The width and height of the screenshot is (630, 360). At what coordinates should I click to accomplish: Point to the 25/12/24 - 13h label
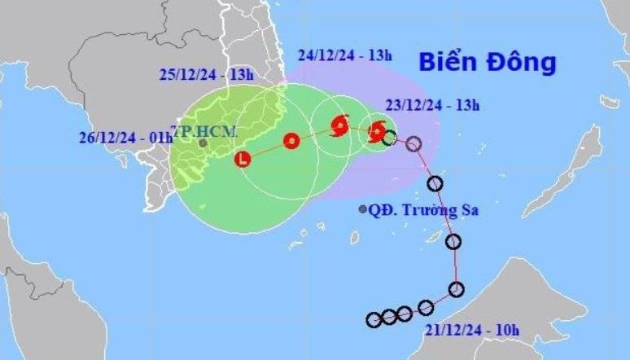coord(206,74)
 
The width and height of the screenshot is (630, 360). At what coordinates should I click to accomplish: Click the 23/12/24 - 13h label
coord(432,103)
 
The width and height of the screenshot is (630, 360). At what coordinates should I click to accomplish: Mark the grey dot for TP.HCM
coord(203,143)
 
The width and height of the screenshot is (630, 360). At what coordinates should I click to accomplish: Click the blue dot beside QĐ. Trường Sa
coord(363,209)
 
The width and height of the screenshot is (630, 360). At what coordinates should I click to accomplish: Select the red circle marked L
coord(242,159)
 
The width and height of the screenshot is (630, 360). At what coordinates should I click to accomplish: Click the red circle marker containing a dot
coord(291,141)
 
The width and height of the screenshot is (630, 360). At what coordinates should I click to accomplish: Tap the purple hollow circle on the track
coord(413,144)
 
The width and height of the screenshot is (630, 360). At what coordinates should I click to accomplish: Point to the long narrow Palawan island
coord(575,170)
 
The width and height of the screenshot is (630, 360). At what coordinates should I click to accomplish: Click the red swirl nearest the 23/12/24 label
coord(376,130)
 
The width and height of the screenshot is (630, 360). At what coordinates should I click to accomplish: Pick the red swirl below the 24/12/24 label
coord(339,125)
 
